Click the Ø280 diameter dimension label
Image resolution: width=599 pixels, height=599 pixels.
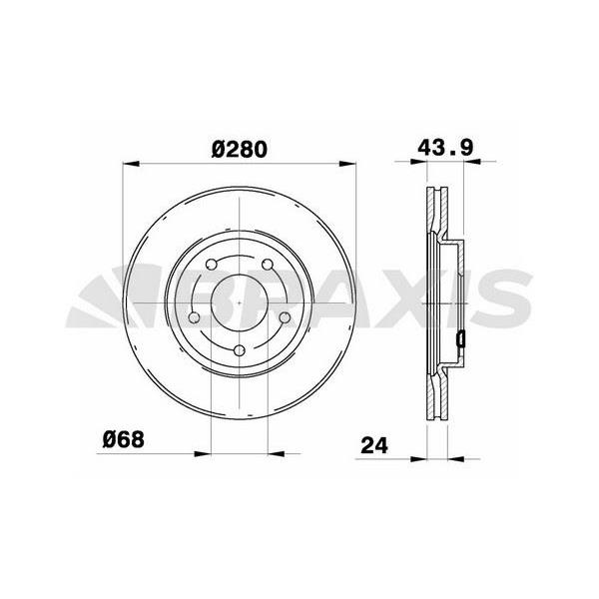[240, 150]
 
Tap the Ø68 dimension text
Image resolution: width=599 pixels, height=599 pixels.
[124, 439]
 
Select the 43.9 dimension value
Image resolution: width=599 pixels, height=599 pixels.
[445, 148]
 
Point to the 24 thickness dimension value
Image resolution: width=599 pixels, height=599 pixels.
[374, 445]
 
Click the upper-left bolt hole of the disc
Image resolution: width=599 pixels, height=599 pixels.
[212, 264]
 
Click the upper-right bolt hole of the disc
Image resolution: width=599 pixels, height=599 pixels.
[268, 264]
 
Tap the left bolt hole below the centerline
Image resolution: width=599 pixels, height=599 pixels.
[195, 317]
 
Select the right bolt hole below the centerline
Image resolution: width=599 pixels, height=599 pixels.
[285, 317]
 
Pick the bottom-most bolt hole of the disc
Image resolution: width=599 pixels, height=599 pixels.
[240, 350]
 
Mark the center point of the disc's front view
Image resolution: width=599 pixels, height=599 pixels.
[240, 302]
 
